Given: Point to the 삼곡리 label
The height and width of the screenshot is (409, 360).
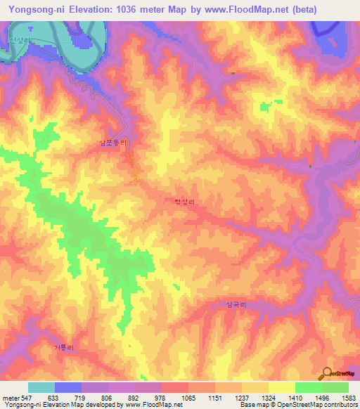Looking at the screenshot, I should [x=236, y=305].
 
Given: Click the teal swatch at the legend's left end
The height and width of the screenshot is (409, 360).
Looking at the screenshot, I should [x=41, y=388].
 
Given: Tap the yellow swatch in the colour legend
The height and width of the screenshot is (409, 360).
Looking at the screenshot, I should [x=282, y=388].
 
